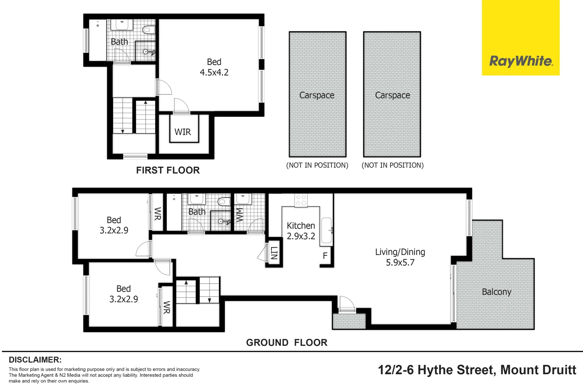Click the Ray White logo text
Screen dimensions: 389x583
[x=521, y=61]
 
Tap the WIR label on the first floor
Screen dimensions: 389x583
[x=183, y=132]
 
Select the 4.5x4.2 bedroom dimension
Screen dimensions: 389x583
[x=214, y=72]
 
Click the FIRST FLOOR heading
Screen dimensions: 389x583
[x=168, y=170]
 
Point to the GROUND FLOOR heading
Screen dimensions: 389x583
[x=286, y=343]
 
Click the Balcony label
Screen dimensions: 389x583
[x=496, y=292]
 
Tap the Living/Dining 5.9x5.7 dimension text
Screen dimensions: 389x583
[x=400, y=263]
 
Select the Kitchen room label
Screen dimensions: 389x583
[x=301, y=226]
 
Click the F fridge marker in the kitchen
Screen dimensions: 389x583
[x=325, y=256]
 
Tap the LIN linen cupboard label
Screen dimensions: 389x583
[x=274, y=253]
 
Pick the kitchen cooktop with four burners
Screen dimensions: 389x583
[x=301, y=200]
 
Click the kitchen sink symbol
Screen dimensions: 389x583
[x=326, y=231]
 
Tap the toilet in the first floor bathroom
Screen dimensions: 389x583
[x=149, y=30]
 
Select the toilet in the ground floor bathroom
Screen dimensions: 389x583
[x=224, y=201]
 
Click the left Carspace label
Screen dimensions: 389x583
[x=317, y=95]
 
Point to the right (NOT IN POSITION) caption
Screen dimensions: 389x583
[x=392, y=165]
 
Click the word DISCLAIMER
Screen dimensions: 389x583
[x=35, y=360]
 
